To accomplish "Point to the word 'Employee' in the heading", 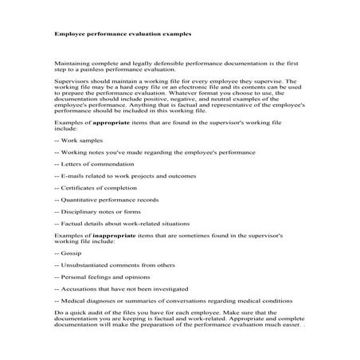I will [68, 34].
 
